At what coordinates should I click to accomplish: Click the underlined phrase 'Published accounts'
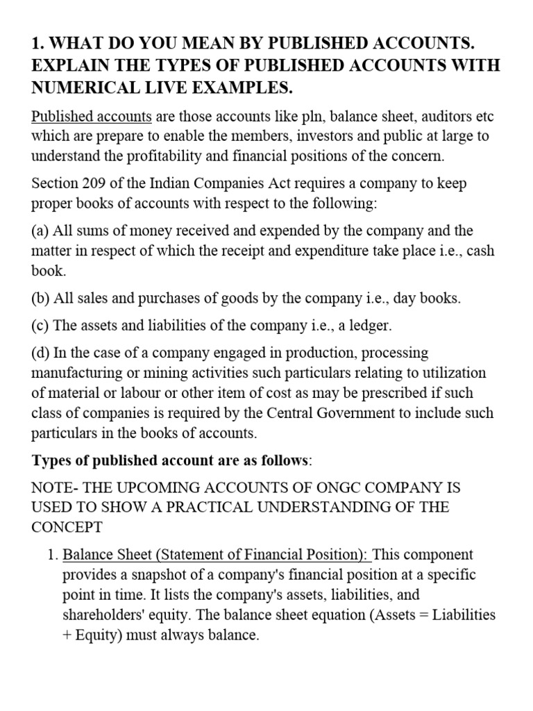coord(92,116)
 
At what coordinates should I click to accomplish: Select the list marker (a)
coord(41,231)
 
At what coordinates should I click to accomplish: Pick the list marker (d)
coord(42,353)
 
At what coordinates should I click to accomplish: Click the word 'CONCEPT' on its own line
coord(67,526)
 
